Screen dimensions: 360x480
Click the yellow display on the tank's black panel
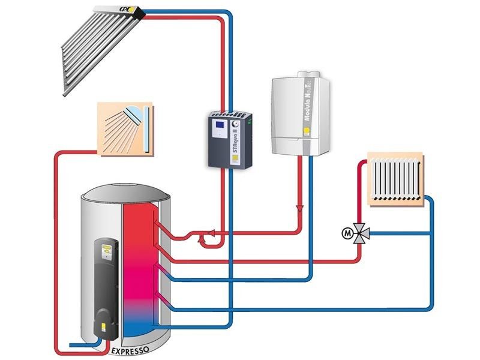pos(106,247)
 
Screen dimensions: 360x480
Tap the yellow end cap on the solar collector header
pos(139,11)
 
